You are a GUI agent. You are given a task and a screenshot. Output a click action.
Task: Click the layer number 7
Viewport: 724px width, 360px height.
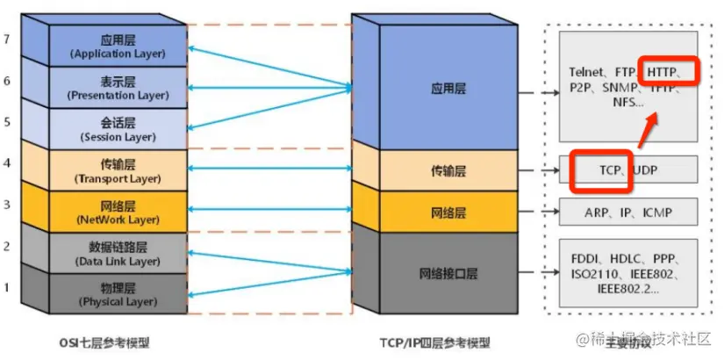tap(7, 40)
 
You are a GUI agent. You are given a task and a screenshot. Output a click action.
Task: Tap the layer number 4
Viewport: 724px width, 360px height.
tap(7, 162)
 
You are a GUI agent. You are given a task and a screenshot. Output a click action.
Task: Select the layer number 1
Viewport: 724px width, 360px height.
tap(7, 287)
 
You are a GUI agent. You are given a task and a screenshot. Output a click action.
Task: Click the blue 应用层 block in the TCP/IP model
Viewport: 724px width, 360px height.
tap(444, 89)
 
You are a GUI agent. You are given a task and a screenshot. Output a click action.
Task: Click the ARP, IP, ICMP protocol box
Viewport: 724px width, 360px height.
tap(628, 212)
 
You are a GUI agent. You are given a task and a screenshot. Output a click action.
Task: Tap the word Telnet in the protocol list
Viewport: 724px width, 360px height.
tap(586, 71)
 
